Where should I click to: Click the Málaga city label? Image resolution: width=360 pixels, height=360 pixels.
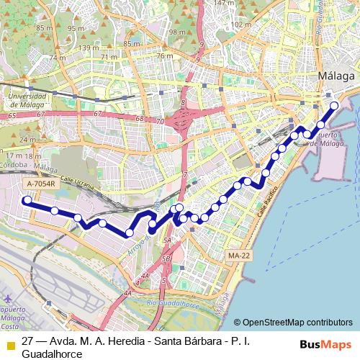coord(336,76)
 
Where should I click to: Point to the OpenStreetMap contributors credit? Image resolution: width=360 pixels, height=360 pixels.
coord(297,323)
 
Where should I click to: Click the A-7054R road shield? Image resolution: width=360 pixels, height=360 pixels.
coord(41,184)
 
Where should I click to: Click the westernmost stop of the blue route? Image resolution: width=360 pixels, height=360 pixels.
coord(27,202)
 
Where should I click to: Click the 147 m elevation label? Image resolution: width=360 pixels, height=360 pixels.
coord(225,4)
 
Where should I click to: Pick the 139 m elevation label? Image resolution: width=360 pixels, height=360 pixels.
coord(89,48)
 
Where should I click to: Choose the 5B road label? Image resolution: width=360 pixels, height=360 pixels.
coord(166,258)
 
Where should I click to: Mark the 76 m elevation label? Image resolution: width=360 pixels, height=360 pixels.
coord(165,55)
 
